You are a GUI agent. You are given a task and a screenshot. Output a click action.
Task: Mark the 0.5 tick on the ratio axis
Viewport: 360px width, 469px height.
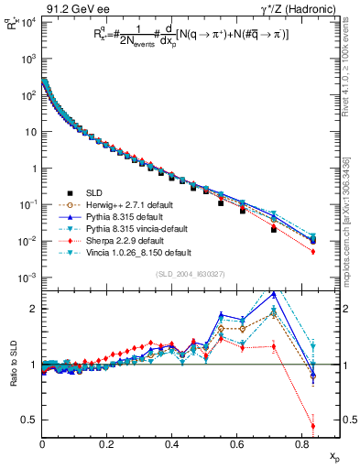point(31,420)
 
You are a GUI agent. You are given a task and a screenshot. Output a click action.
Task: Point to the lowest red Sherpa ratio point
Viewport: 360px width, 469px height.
point(313,426)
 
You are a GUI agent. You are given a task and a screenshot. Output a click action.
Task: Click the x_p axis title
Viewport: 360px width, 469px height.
point(333,456)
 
